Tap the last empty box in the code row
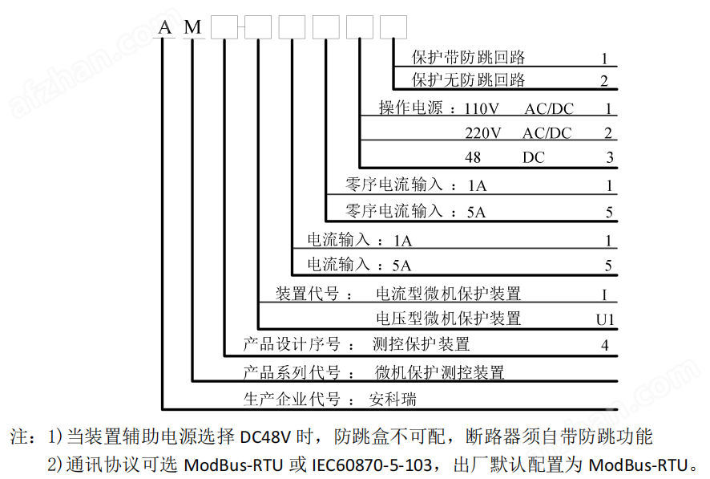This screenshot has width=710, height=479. point(393,27)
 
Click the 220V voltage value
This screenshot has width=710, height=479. point(482,133)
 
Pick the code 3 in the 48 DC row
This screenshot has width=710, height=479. point(609,158)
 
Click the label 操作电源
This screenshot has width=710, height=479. point(410,108)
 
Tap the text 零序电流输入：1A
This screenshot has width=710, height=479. point(415,185)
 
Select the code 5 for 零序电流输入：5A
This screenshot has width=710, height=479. point(609,213)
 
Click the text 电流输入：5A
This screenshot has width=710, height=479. point(359,264)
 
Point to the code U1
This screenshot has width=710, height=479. point(605,319)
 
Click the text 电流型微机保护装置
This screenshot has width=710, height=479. point(448,293)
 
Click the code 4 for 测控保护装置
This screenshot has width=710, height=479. point(606,346)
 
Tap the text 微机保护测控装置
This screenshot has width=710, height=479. point(440,372)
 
